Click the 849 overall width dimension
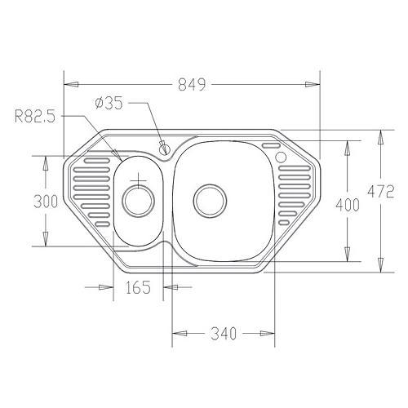point(192,84)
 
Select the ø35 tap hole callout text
point(109,104)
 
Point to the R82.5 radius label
point(35,117)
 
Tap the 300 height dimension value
point(46,202)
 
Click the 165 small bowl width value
point(138,287)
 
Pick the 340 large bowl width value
point(224,334)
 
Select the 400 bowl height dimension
point(348,205)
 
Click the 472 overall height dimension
point(381,191)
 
